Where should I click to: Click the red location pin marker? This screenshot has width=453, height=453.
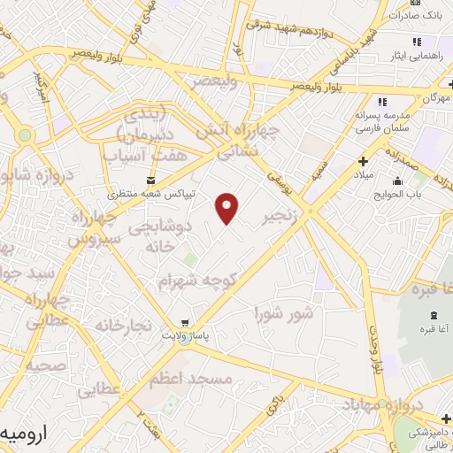pos(228,208)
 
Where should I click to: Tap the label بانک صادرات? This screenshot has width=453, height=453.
pos(418,16)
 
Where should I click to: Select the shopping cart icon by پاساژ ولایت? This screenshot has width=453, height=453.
pos(183,323)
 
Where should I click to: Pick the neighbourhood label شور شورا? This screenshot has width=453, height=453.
pos(283,313)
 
